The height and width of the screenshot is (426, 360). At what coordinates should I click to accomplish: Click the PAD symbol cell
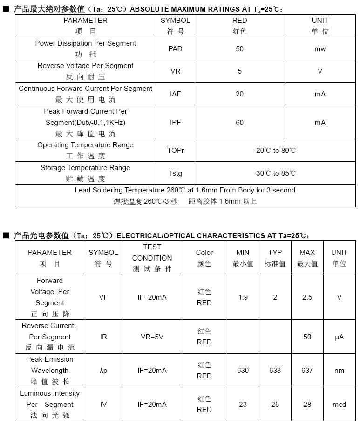[176, 49]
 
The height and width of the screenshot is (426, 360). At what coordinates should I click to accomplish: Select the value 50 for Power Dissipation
[240, 49]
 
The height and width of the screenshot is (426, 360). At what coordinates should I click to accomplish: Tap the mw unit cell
[320, 49]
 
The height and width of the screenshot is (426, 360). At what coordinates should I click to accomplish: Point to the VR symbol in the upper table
[176, 71]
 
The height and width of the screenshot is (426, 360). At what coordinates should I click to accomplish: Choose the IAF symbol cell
[176, 94]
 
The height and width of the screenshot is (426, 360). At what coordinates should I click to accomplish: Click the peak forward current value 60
[240, 123]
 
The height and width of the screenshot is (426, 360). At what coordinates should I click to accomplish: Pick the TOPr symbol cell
[176, 151]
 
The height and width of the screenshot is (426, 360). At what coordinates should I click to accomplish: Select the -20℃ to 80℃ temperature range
[275, 151]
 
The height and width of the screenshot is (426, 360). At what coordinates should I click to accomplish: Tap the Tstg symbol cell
[176, 173]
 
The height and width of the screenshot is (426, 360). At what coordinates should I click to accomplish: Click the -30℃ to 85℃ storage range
[275, 173]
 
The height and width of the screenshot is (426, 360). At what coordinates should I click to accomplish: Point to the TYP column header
[275, 258]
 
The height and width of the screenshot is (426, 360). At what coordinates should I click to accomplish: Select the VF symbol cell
[103, 297]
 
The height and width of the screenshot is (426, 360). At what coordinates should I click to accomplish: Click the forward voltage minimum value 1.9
[243, 297]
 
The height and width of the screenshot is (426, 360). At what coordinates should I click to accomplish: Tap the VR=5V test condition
[152, 337]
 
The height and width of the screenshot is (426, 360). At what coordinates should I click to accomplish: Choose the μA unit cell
[339, 337]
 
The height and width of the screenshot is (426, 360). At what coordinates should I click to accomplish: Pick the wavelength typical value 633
[275, 371]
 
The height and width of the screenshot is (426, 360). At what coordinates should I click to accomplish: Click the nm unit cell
[339, 371]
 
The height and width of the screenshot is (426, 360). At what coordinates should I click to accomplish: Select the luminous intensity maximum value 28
[307, 405]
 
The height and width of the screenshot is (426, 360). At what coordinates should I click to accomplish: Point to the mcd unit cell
[339, 405]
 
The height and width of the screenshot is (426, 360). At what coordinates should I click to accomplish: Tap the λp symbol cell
[103, 371]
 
